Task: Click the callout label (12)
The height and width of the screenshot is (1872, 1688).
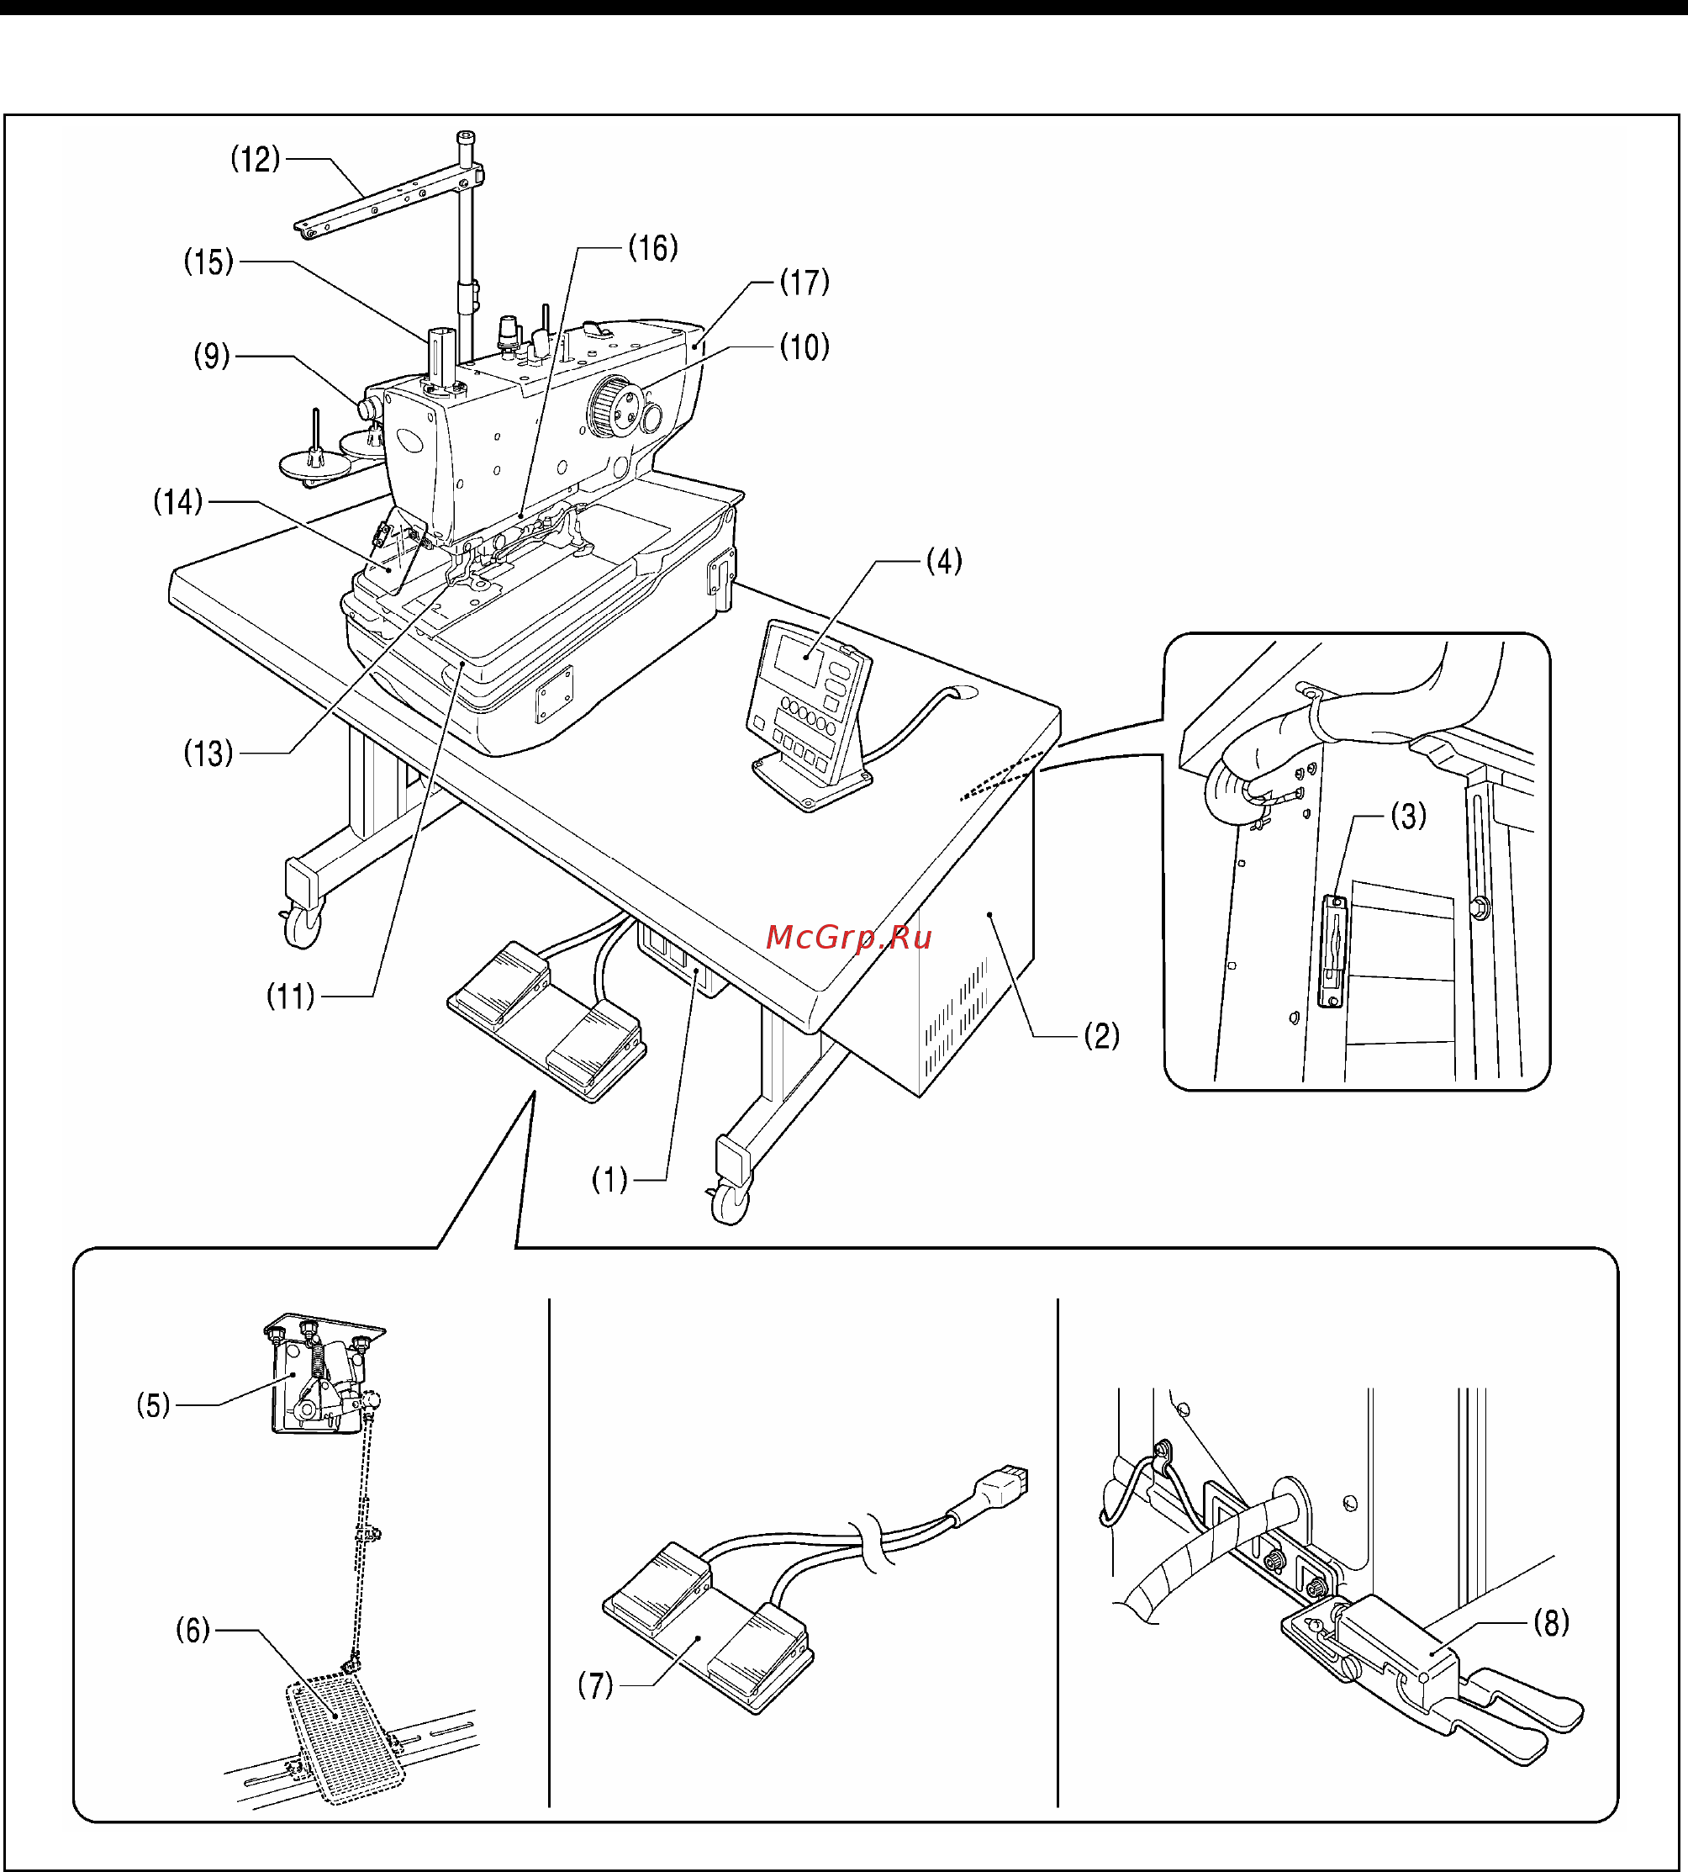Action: pos(255,160)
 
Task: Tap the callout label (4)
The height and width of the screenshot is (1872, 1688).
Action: pos(944,561)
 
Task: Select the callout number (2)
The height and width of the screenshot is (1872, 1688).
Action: pos(1102,1035)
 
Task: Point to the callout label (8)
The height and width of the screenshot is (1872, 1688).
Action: pos(1552,1622)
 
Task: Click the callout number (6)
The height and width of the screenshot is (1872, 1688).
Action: pos(193,1630)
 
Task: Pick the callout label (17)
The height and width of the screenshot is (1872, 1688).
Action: pos(804,282)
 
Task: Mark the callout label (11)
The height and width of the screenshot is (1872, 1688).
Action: pos(290,997)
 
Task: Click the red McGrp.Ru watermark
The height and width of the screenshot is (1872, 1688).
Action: pos(849,938)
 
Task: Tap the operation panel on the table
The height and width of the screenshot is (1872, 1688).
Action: pos(809,714)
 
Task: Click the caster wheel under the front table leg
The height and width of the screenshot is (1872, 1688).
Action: pos(730,1204)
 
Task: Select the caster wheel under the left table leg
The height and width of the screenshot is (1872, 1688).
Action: pos(302,928)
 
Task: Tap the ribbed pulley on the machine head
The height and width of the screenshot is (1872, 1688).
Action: pos(614,406)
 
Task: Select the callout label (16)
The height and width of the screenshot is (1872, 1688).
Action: pos(653,248)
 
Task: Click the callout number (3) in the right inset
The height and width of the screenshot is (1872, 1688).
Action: pos(1408,817)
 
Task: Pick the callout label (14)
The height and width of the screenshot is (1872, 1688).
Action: pos(177,502)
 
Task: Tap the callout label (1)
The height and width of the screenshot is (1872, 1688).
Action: pos(609,1180)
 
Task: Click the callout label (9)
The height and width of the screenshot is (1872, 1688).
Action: pos(212,355)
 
